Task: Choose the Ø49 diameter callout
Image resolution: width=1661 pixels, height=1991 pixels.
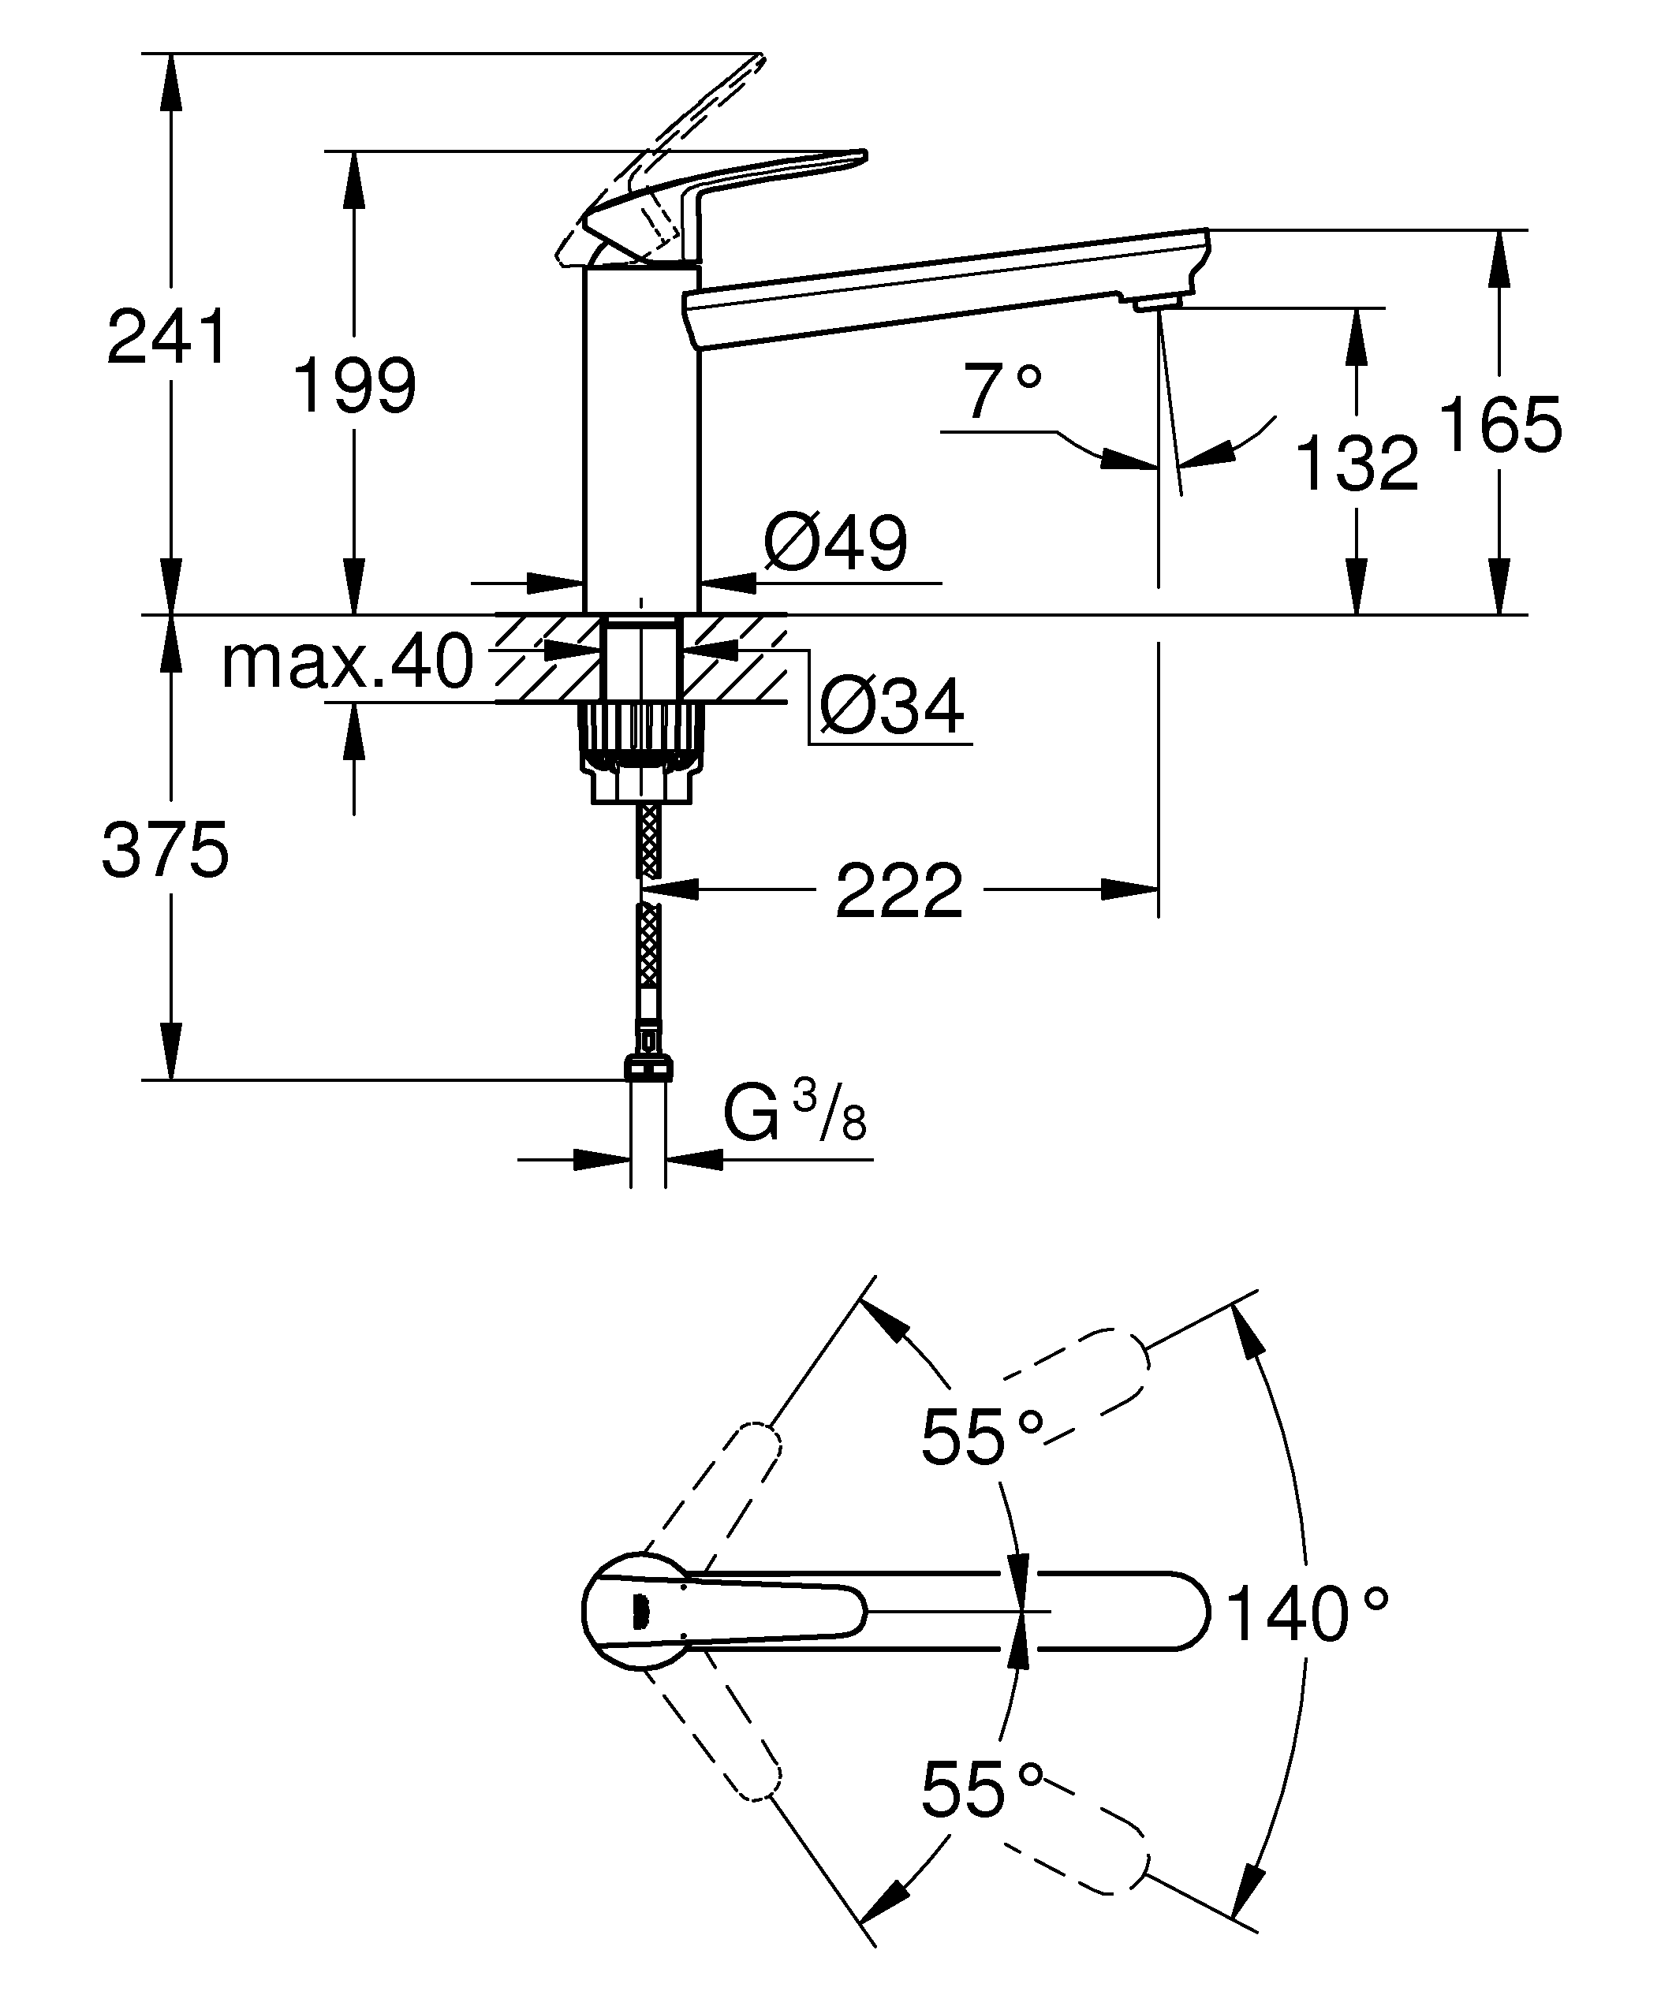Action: [x=835, y=543]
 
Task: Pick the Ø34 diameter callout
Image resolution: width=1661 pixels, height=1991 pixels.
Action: [x=892, y=707]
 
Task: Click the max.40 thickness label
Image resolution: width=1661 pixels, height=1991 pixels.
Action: [x=347, y=662]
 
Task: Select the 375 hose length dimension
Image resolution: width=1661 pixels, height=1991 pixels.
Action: [x=166, y=851]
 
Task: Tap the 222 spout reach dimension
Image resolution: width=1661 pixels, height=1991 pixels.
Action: [x=899, y=891]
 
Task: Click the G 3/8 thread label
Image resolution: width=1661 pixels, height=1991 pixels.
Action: [x=794, y=1116]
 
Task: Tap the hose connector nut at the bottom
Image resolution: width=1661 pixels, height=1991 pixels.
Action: [x=648, y=1067]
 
